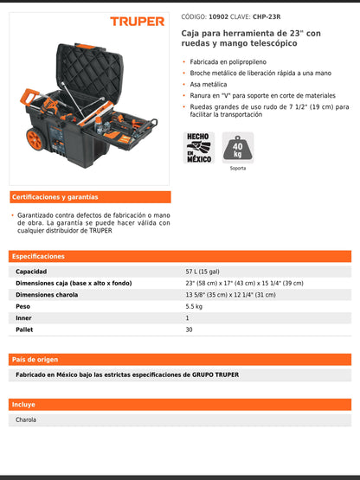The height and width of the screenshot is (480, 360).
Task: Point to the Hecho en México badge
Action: click(x=198, y=148)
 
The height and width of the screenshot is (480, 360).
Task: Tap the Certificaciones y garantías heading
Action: click(x=55, y=197)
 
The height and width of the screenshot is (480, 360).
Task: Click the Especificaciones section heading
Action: click(x=39, y=257)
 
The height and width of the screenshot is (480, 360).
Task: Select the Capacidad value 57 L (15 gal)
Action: click(x=211, y=272)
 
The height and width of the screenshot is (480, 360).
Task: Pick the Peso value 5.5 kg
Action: click(x=195, y=306)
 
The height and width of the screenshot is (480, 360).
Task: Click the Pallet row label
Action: click(x=25, y=330)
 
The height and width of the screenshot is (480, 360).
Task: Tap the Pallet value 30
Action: click(x=190, y=330)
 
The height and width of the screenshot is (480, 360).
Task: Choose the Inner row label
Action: click(x=24, y=318)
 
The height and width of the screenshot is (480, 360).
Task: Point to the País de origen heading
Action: click(x=35, y=359)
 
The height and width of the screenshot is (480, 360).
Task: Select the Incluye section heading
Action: click(x=24, y=404)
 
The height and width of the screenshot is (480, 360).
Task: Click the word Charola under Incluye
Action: click(x=27, y=419)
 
